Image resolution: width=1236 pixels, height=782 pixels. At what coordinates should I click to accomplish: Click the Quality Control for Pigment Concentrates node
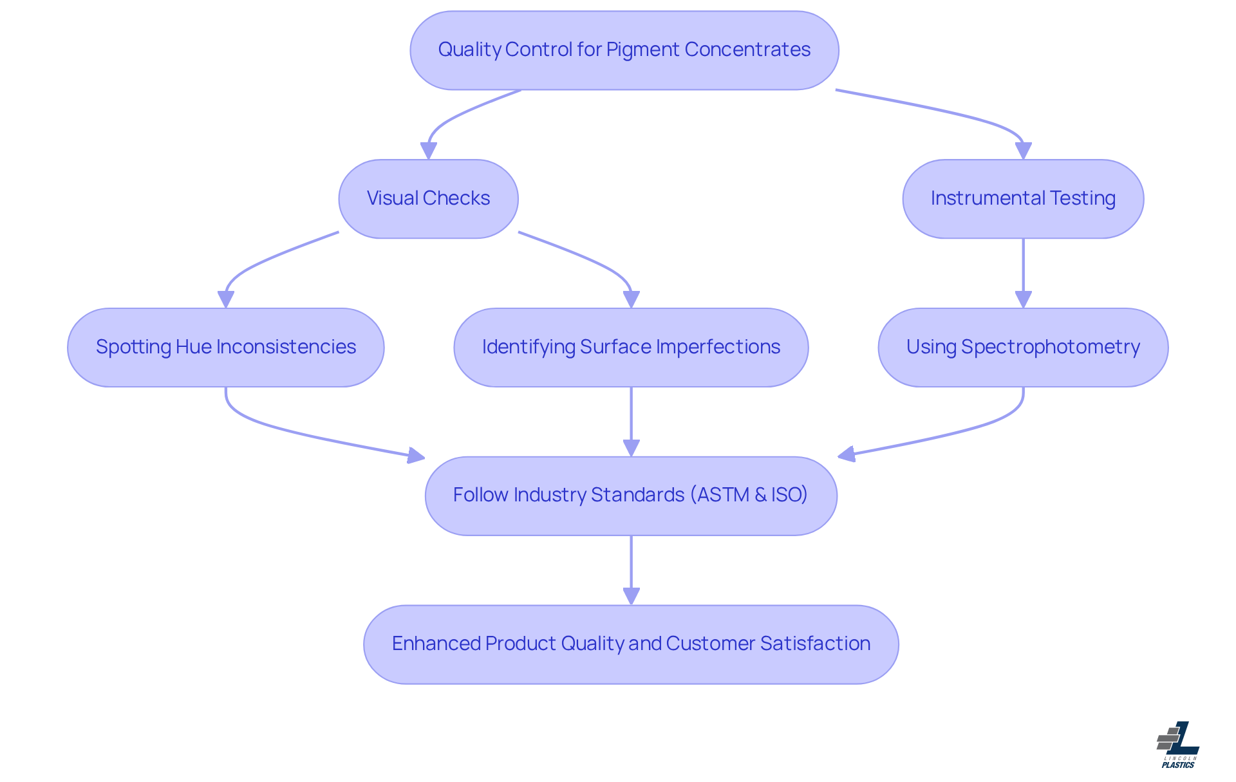pyautogui.click(x=624, y=50)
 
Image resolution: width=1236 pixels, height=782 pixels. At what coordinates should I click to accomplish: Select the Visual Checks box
pyautogui.click(x=428, y=199)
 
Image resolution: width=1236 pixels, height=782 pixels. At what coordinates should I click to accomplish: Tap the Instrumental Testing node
pyautogui.click(x=1022, y=199)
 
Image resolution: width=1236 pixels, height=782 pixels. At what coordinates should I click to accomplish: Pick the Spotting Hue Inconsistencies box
pyautogui.click(x=225, y=348)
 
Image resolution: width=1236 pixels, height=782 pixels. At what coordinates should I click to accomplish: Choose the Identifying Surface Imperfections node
pyautogui.click(x=631, y=348)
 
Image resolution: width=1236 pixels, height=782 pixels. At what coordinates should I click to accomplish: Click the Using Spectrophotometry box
pyautogui.click(x=1022, y=348)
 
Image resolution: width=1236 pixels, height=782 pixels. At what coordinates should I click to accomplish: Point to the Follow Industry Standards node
pyautogui.click(x=631, y=496)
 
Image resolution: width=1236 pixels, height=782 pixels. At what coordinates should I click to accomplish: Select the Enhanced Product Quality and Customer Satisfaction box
pyautogui.click(x=631, y=644)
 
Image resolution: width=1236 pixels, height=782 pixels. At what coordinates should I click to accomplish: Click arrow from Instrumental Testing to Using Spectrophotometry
pyautogui.click(x=1023, y=270)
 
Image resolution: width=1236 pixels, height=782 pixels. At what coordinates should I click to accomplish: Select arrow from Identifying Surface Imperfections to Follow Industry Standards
pyautogui.click(x=631, y=418)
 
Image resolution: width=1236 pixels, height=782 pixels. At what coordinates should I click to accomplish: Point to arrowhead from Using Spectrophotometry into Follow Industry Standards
pyautogui.click(x=846, y=454)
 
